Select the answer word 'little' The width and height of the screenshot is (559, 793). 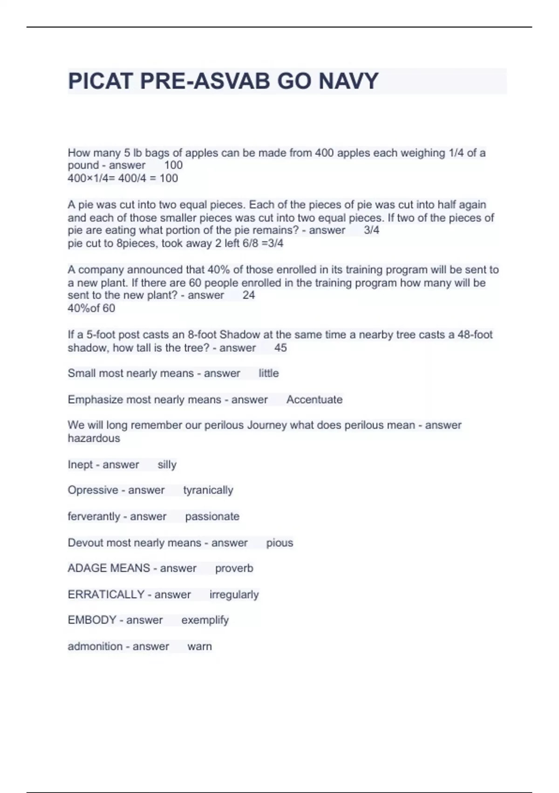coord(268,373)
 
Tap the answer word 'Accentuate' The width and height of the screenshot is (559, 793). coord(314,400)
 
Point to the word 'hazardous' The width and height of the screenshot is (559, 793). coord(94,438)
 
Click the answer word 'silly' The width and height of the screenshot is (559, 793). coord(167,465)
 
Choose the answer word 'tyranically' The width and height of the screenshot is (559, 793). coord(208,490)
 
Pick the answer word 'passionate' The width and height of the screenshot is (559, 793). coord(212,516)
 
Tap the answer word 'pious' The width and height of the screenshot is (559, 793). coord(279,543)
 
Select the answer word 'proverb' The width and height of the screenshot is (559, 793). coord(234,568)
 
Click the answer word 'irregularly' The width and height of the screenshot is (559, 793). coord(234,595)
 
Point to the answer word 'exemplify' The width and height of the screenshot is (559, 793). coord(205,620)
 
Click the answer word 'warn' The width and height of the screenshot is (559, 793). coord(199,647)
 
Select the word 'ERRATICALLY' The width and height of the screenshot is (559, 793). coord(106,594)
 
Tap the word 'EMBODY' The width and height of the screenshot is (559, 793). coord(92,620)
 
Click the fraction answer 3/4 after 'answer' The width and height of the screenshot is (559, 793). coord(371,230)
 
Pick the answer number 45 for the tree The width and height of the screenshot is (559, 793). coord(280,348)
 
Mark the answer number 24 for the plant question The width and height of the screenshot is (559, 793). coord(249,295)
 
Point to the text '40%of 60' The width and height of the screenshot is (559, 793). coord(91,308)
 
